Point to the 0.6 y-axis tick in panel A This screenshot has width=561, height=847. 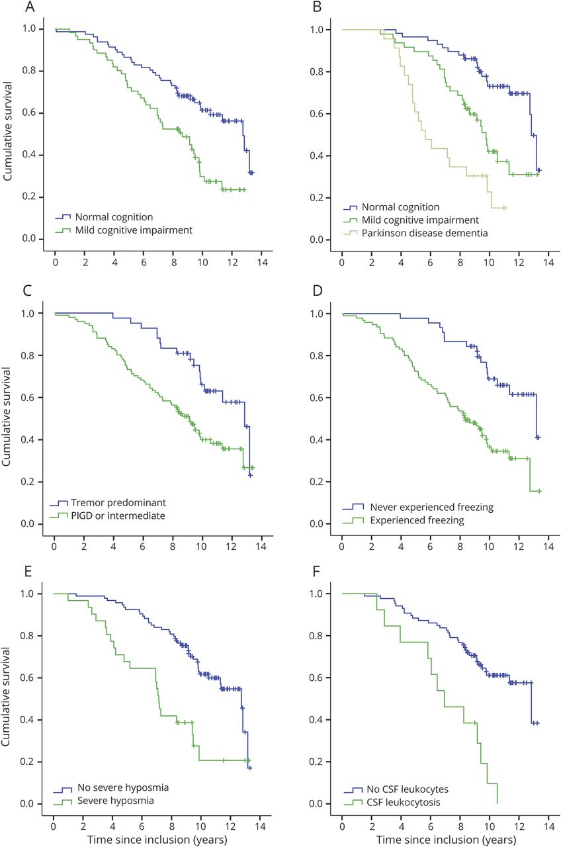tap(30, 113)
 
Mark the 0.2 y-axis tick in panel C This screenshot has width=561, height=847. tap(30, 482)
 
